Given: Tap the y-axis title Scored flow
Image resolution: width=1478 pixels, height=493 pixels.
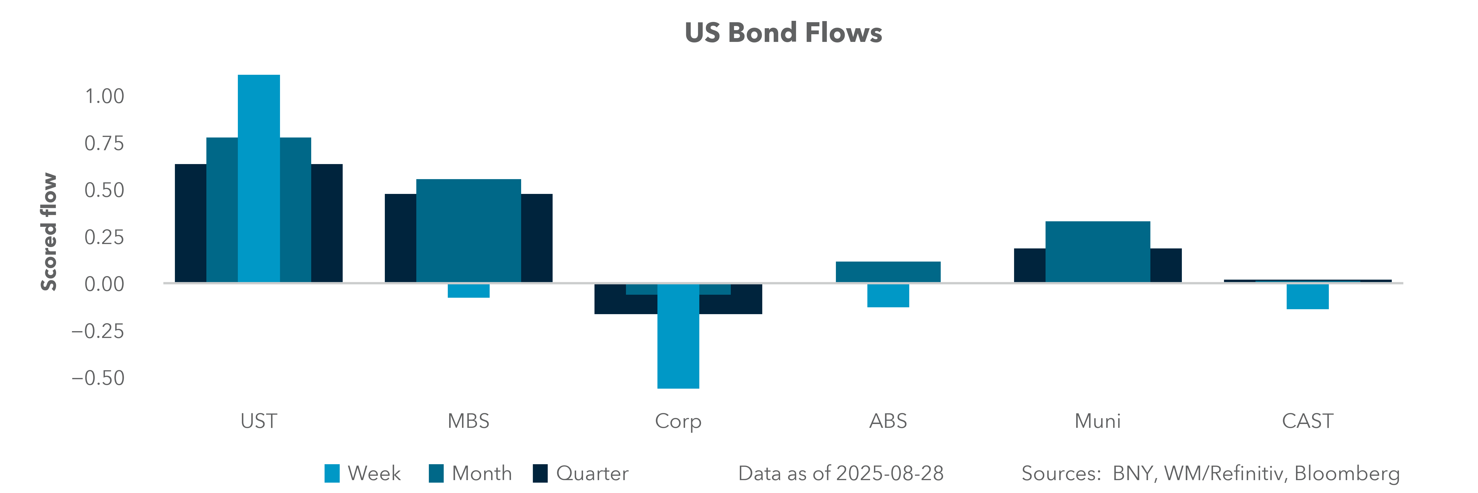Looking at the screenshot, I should (x=49, y=232).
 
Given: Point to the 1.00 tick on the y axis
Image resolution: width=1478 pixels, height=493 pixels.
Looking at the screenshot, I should (x=105, y=96).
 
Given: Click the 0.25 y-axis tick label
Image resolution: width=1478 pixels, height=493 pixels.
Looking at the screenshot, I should (x=105, y=237).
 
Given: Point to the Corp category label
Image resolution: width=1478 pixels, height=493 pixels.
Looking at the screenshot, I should (x=678, y=421).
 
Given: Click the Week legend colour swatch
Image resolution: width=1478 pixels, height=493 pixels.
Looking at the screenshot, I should (x=332, y=474).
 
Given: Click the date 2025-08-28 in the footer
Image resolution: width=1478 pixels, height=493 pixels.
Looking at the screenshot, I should (x=889, y=474).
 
